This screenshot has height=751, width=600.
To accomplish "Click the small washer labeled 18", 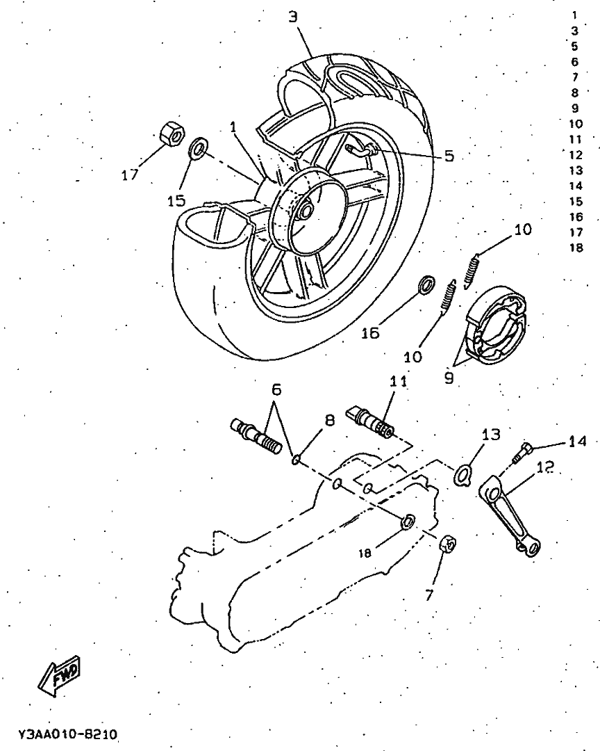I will click(409, 520).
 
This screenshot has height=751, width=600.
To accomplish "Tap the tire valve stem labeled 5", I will click(360, 147).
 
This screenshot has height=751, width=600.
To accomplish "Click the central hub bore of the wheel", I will click(304, 211).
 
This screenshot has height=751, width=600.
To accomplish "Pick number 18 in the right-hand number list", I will click(576, 248).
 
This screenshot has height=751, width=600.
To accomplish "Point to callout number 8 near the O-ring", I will click(329, 420).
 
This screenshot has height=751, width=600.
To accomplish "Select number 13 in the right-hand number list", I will click(576, 170).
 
